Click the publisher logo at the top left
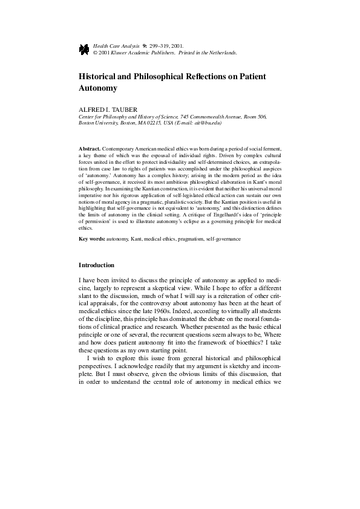tap(83, 48)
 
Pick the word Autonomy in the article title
tap(97, 88)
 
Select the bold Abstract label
tap(90, 148)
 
